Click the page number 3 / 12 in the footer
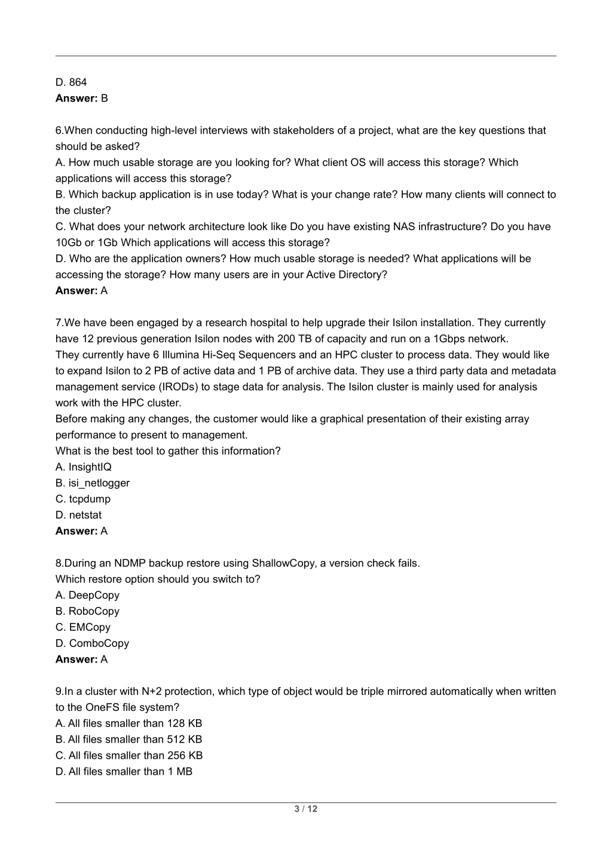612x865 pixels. click(305, 809)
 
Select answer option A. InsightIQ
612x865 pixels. click(84, 467)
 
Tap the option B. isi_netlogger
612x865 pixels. click(93, 483)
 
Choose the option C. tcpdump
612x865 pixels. click(83, 499)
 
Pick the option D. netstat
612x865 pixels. click(79, 516)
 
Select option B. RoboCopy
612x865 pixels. click(87, 612)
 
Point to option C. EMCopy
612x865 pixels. click(83, 628)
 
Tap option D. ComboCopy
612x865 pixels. click(92, 644)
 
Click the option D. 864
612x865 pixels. click(71, 82)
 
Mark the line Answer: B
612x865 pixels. click(82, 99)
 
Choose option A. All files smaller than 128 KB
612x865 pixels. click(129, 724)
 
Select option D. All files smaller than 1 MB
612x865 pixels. click(124, 772)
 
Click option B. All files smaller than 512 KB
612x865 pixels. click(129, 740)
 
